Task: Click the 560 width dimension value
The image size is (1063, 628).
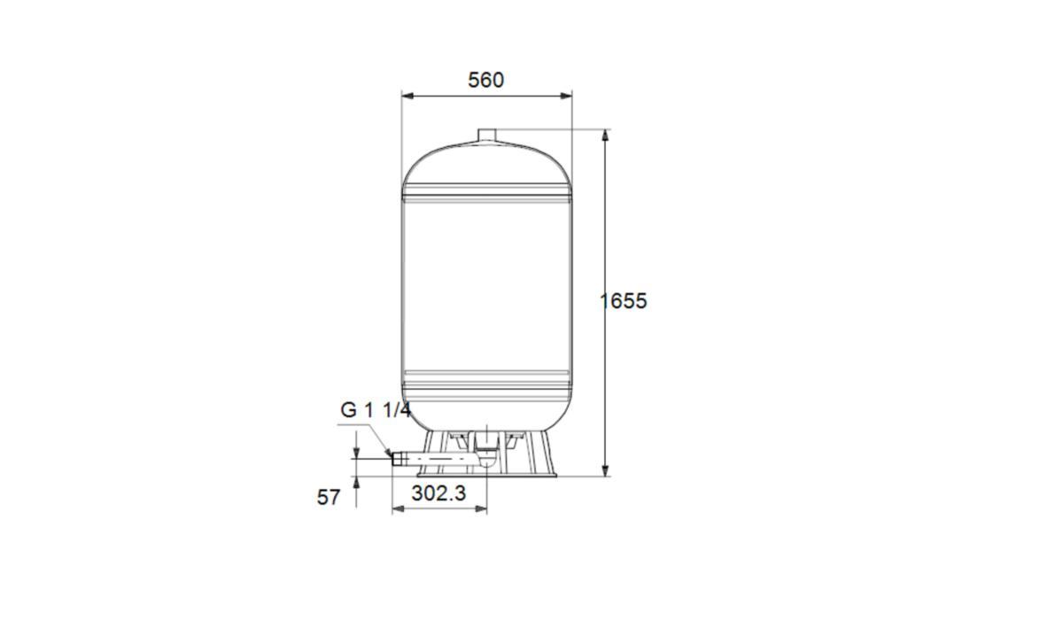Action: [x=486, y=80]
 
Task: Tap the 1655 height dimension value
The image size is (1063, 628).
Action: [x=623, y=301]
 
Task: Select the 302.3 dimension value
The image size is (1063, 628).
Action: [x=438, y=493]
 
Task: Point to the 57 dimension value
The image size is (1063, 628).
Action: [x=329, y=498]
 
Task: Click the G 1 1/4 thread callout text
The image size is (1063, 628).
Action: [x=376, y=410]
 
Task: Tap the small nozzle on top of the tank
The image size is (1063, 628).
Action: [x=486, y=136]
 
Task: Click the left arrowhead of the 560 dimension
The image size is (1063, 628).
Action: [x=407, y=96]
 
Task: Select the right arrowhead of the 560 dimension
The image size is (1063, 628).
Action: [x=566, y=96]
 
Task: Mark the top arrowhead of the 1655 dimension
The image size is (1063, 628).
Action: [x=605, y=136]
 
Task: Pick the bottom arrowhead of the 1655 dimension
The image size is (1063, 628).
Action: [x=605, y=470]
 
